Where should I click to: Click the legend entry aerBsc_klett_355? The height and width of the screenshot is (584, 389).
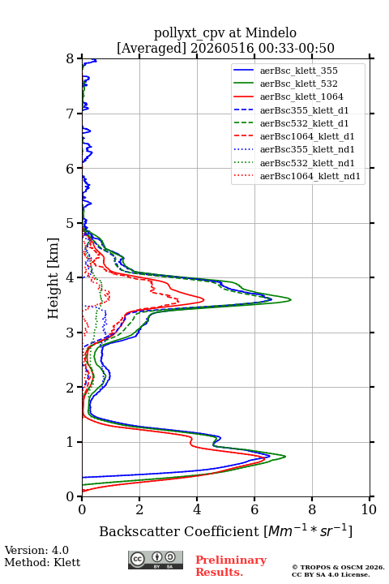click(x=298, y=71)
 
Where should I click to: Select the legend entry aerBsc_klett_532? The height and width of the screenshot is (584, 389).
click(x=298, y=84)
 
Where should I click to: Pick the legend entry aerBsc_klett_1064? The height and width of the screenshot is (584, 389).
click(x=301, y=97)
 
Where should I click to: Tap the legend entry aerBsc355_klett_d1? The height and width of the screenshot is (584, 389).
click(x=304, y=110)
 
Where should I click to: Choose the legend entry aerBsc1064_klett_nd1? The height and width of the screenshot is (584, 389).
click(x=310, y=176)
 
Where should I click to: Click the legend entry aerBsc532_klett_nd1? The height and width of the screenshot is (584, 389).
click(x=307, y=163)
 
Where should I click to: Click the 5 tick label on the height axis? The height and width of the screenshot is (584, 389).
click(x=71, y=223)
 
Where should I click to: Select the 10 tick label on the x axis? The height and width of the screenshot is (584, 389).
click(x=369, y=509)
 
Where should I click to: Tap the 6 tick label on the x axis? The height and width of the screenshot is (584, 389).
click(x=254, y=509)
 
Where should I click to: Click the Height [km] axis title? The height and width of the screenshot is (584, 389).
click(x=53, y=278)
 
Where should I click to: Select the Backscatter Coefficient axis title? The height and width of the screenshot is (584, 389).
click(x=225, y=531)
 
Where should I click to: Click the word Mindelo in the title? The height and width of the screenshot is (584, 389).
click(x=271, y=32)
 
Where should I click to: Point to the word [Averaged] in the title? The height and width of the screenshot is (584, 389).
click(x=151, y=48)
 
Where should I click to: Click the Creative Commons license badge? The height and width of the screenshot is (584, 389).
click(x=156, y=560)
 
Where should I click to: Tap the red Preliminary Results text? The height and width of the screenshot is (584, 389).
click(x=231, y=566)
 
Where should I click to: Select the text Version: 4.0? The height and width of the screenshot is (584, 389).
click(x=36, y=550)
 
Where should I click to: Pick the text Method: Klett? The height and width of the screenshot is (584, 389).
click(x=42, y=562)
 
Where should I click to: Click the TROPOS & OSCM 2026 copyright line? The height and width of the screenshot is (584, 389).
click(x=338, y=567)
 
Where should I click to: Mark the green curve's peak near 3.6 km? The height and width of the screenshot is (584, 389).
click(x=290, y=299)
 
